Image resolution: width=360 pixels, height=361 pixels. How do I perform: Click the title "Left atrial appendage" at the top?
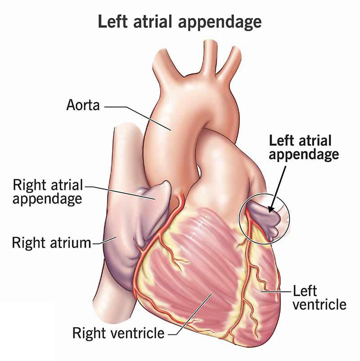(180, 21)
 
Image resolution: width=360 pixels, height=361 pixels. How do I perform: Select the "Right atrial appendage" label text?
(48, 191)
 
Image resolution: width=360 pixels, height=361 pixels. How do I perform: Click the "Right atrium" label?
(51, 243)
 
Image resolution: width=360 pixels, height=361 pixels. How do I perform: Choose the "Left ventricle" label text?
(319, 297)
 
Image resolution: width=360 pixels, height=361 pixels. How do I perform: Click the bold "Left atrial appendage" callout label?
(304, 147)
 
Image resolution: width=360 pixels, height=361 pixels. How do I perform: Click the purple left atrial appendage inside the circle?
(263, 216)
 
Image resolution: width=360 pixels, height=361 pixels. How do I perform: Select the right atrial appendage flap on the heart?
(155, 194)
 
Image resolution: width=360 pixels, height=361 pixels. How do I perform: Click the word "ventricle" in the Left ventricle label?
(319, 304)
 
